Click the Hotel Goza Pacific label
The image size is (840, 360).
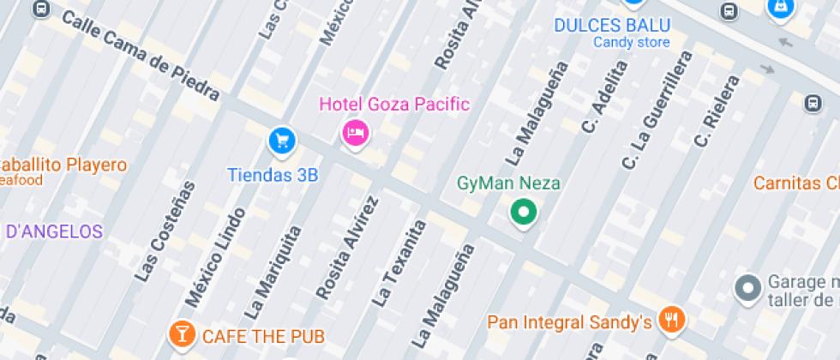[x=394, y=105]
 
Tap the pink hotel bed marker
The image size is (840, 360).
[x=355, y=133]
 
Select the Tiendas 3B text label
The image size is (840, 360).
[x=273, y=175]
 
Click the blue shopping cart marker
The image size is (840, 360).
[x=281, y=140]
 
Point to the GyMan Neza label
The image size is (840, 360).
[x=508, y=183]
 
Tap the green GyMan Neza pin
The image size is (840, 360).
[x=523, y=211]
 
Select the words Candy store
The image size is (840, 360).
[x=632, y=42]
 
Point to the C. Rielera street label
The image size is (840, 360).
[x=717, y=111]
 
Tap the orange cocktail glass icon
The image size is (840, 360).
[x=182, y=333]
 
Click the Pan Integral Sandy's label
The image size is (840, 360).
[x=570, y=322]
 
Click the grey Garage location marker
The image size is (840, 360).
[x=748, y=288]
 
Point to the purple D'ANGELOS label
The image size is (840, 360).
[x=54, y=231]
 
